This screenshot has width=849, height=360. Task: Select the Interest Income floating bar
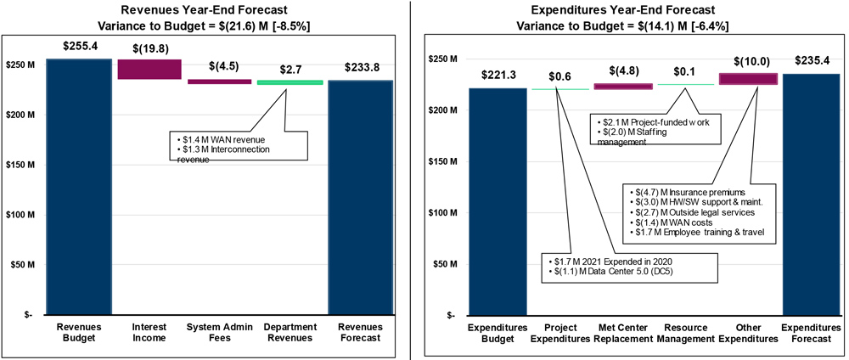pos(149,70)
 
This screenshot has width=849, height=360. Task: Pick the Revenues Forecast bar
pos(361,197)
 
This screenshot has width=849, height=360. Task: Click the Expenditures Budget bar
pos(498,201)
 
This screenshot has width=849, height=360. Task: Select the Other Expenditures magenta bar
pos(747,79)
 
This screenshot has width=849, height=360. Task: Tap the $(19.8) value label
pos(149,48)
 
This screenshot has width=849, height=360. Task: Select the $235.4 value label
pos(810,60)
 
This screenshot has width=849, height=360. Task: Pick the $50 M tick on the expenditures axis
pos(444,264)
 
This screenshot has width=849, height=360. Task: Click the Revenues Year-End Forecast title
pos(202,11)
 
